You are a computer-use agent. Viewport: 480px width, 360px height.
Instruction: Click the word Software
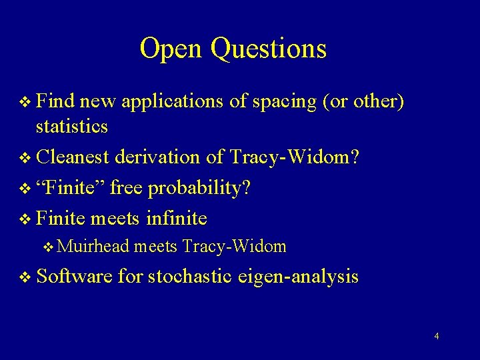coord(75,276)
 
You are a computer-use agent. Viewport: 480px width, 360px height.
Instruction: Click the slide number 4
coord(436,336)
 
